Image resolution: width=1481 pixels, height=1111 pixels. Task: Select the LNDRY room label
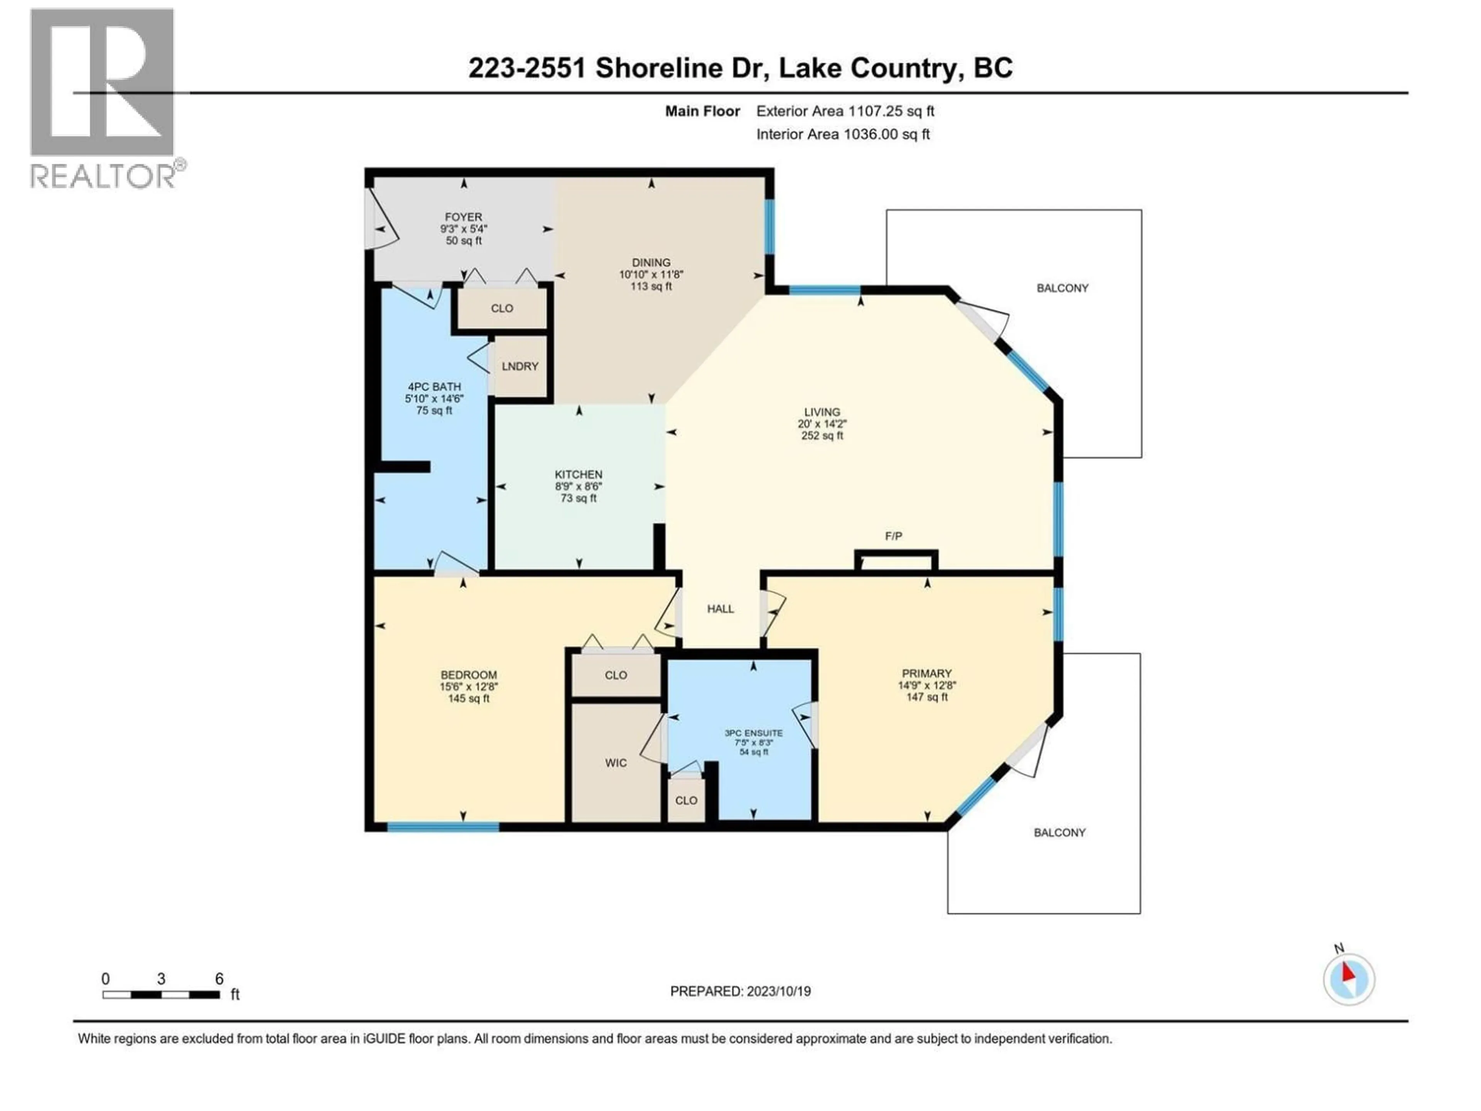click(520, 366)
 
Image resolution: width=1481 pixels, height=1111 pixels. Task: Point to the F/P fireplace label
click(893, 536)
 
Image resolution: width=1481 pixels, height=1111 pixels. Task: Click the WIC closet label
click(615, 763)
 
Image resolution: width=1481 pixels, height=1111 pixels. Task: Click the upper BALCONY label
click(1062, 288)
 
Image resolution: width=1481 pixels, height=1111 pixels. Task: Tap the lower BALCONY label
click(1059, 832)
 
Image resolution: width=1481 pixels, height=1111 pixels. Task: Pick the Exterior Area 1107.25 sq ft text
click(845, 111)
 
